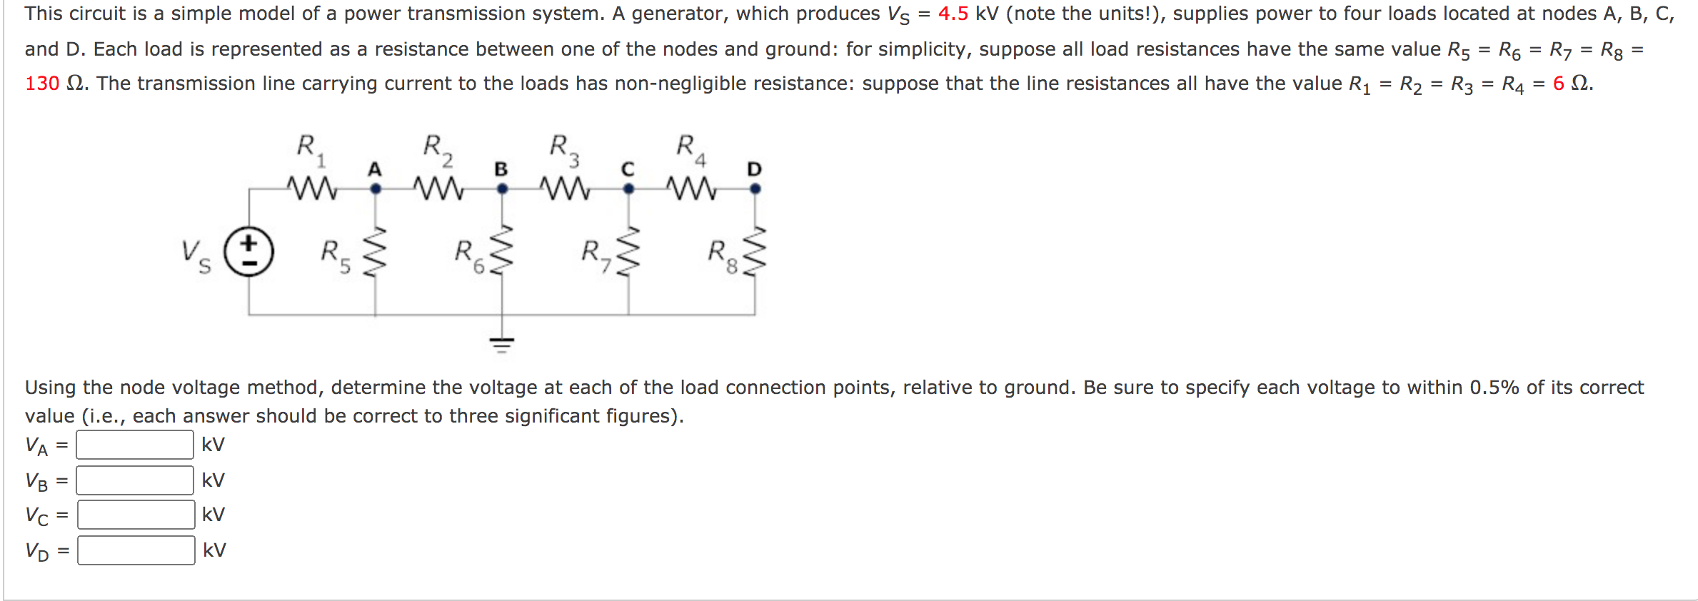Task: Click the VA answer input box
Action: (134, 445)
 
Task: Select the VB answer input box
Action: (134, 480)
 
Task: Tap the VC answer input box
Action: (136, 515)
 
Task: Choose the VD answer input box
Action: (136, 550)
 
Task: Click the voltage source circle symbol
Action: (248, 252)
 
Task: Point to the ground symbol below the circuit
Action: (502, 344)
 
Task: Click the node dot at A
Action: (376, 189)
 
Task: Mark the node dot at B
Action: (502, 189)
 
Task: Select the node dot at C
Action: (628, 189)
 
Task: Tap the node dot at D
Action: (755, 189)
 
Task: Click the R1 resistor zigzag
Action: (312, 188)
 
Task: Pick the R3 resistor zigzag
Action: (565, 188)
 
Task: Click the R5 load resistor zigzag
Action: (376, 252)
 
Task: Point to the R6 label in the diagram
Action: (468, 256)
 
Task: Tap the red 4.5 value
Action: (953, 14)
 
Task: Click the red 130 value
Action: (42, 84)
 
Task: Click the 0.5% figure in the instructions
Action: (1494, 388)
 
